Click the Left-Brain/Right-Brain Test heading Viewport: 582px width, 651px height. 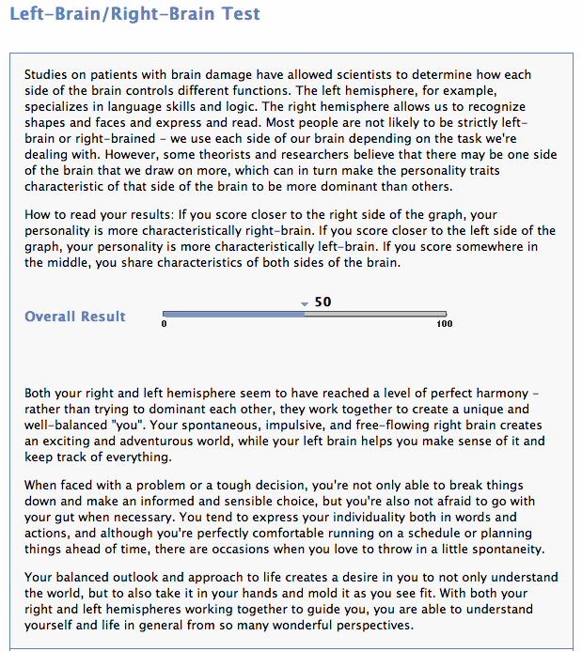click(134, 15)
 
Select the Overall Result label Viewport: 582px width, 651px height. click(75, 317)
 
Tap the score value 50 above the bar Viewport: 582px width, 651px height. click(323, 302)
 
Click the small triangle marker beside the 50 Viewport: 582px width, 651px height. click(305, 304)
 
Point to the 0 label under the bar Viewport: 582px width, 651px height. click(165, 324)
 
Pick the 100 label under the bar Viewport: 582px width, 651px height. click(445, 324)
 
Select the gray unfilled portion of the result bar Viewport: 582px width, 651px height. click(375, 314)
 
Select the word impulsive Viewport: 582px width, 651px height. click(325, 426)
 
